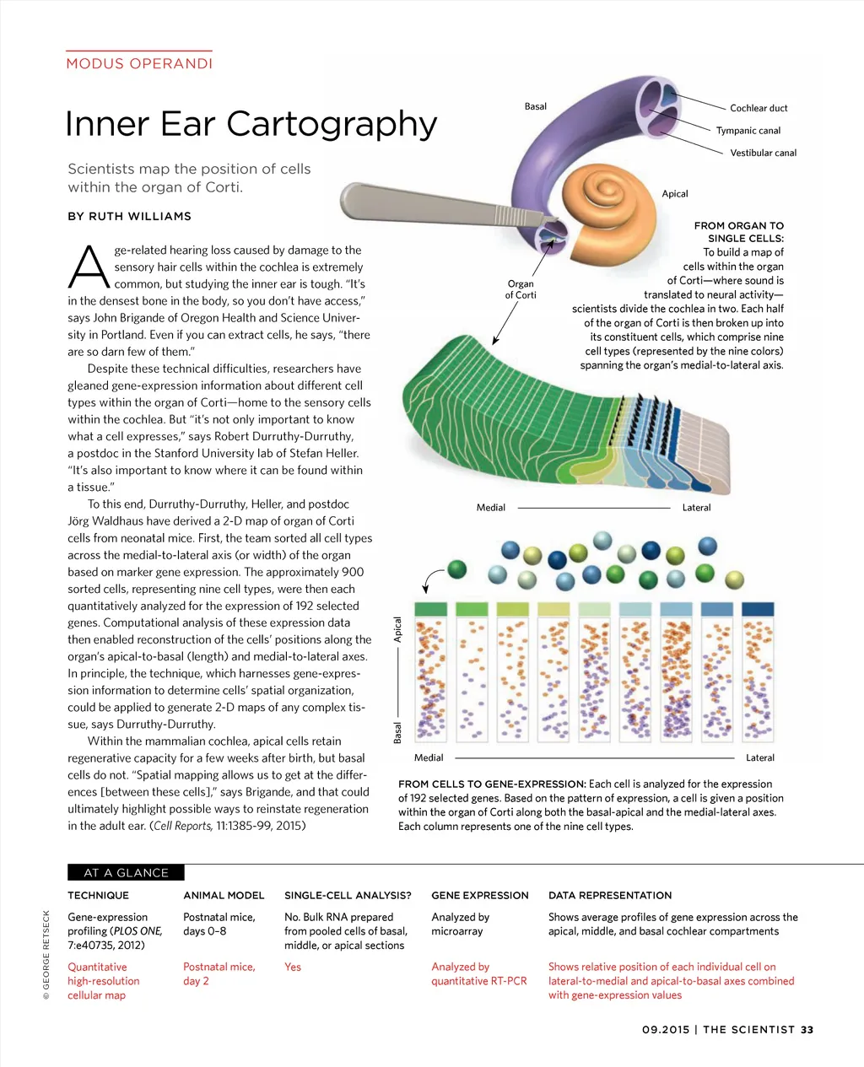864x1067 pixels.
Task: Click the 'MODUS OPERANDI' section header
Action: click(139, 63)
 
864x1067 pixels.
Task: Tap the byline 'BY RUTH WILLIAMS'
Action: click(129, 217)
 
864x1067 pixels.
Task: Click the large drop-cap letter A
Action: click(89, 267)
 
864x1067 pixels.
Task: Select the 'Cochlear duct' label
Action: click(759, 108)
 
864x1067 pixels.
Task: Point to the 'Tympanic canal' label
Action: click(748, 131)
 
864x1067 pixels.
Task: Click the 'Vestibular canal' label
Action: click(763, 153)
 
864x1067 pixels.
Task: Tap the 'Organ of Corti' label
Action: click(521, 289)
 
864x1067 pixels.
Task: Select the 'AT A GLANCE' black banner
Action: click(126, 873)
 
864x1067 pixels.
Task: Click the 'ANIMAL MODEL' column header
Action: click(224, 896)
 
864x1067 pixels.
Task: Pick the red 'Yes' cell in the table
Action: click(293, 967)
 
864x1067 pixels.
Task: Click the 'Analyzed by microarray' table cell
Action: click(461, 924)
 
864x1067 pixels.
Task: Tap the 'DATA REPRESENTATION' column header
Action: click(610, 896)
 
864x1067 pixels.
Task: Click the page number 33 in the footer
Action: click(807, 1030)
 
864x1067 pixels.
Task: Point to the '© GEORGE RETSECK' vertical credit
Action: click(46, 954)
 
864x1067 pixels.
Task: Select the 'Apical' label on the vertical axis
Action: click(398, 629)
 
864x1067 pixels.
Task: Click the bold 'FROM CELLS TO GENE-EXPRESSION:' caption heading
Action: click(492, 784)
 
